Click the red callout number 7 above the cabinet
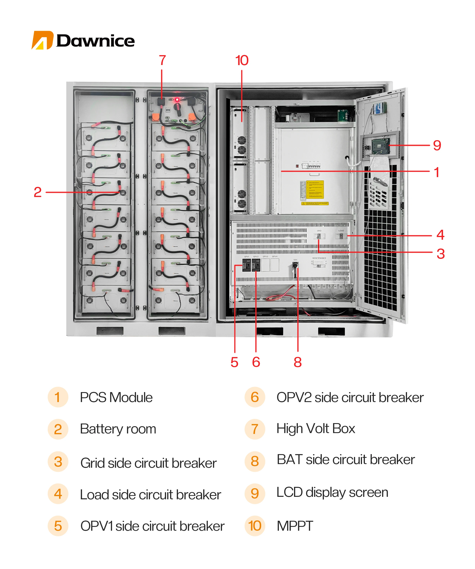click(162, 60)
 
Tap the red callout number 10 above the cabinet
click(242, 60)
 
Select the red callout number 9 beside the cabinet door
click(437, 145)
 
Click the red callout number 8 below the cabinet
click(297, 362)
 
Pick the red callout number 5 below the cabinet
click(234, 362)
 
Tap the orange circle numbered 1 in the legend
click(58, 397)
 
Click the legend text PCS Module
click(116, 397)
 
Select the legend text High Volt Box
click(316, 429)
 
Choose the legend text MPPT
click(295, 526)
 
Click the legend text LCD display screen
click(332, 492)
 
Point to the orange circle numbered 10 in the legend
click(255, 526)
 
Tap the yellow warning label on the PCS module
click(315, 190)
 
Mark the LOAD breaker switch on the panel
click(341, 236)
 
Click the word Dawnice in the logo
click(95, 41)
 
